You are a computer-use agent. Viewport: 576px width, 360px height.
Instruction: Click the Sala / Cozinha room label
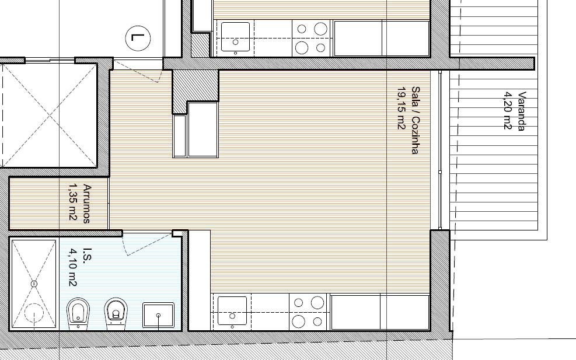[x=416, y=120]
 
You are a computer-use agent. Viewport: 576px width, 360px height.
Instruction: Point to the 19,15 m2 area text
[x=401, y=108]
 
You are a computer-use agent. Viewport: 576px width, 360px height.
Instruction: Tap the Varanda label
[x=521, y=111]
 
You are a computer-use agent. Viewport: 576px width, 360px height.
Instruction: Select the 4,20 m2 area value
[x=507, y=110]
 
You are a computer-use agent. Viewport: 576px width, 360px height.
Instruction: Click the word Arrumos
[x=87, y=204]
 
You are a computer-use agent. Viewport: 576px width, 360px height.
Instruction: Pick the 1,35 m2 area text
[x=73, y=202]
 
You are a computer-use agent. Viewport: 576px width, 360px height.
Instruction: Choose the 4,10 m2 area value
[x=73, y=267]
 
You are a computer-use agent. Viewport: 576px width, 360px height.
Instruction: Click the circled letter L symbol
[x=138, y=38]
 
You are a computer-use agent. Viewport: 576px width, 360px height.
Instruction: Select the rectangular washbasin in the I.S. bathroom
[x=158, y=315]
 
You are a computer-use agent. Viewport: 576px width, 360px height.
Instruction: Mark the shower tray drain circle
[x=34, y=284]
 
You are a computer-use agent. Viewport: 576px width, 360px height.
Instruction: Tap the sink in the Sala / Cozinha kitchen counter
[x=232, y=311]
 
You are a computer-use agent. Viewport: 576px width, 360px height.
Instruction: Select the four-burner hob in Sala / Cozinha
[x=308, y=312]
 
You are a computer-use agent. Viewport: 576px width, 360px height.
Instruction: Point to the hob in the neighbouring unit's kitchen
[x=312, y=38]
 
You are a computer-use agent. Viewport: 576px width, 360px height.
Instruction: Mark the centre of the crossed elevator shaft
[x=50, y=116]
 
